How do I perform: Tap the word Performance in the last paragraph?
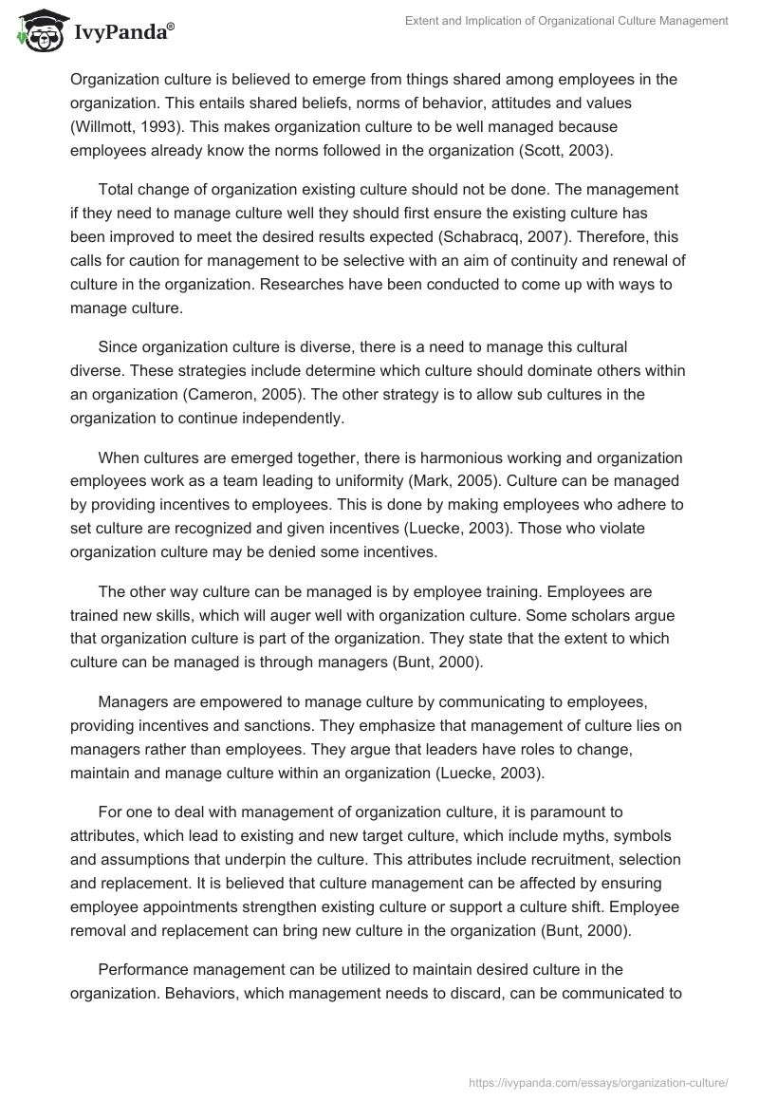(146, 969)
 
